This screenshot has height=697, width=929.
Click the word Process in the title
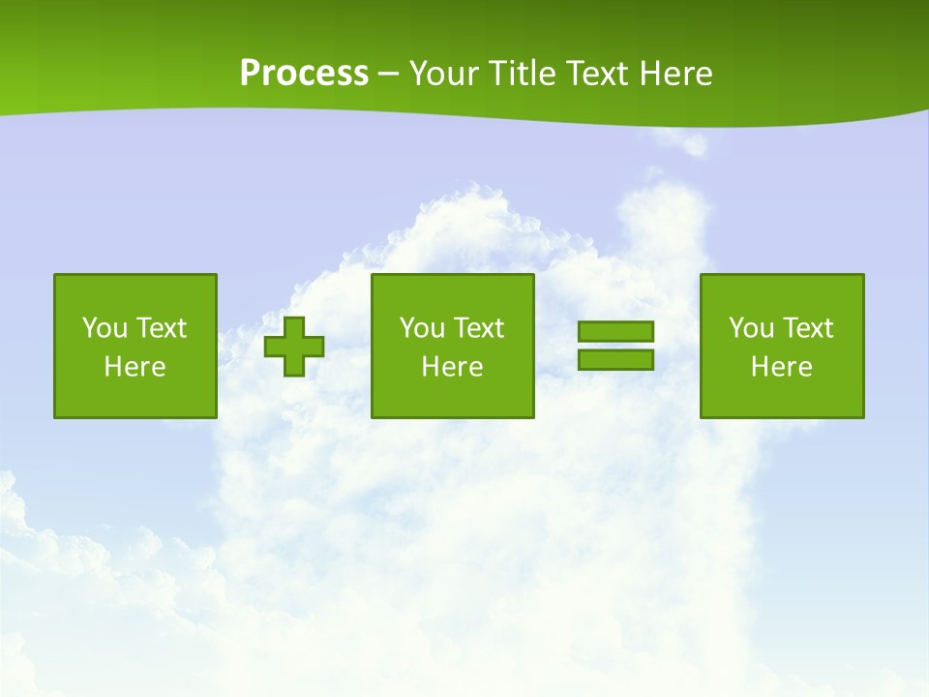[x=304, y=74]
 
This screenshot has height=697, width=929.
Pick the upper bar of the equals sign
[x=615, y=331]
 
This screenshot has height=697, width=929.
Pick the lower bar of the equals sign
[x=615, y=359]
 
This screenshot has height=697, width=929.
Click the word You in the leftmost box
[x=105, y=328]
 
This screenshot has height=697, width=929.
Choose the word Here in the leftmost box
[x=135, y=367]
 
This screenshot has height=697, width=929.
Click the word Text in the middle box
[x=479, y=328]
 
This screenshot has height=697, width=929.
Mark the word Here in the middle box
[x=453, y=367]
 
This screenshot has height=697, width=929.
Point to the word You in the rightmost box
[x=751, y=328]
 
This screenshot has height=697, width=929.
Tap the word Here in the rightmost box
[x=782, y=367]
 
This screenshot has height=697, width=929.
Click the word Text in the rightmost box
[x=808, y=328]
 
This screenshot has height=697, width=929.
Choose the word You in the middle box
[x=422, y=328]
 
